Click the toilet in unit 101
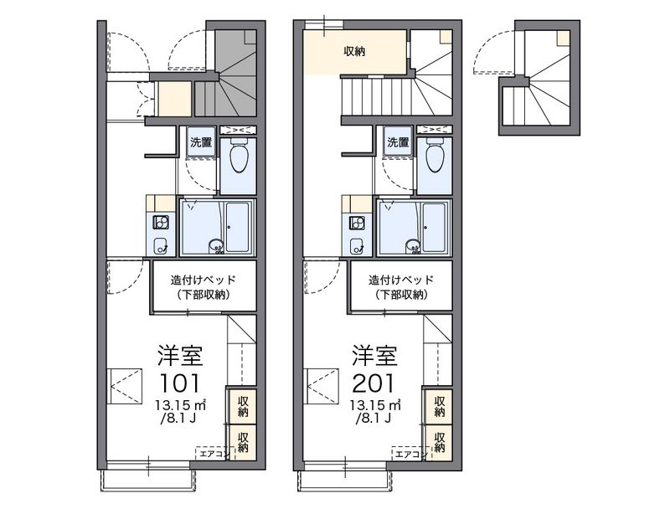point(239,156)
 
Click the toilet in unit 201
point(435,156)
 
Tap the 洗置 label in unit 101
point(201,142)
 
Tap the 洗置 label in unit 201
point(398,142)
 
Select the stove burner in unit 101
point(161,223)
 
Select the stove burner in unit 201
point(357,223)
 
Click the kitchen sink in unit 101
point(161,246)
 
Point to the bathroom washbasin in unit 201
point(413,247)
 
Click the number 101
point(179,383)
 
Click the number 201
point(373,383)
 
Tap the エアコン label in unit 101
point(214,455)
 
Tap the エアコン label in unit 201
point(409,455)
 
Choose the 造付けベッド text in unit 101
point(204,280)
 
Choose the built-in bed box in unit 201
point(401,286)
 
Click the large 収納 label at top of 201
point(354,52)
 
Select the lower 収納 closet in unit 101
point(242,442)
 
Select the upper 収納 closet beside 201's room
point(438,407)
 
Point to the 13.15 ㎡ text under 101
point(181,404)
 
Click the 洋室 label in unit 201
point(374,356)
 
